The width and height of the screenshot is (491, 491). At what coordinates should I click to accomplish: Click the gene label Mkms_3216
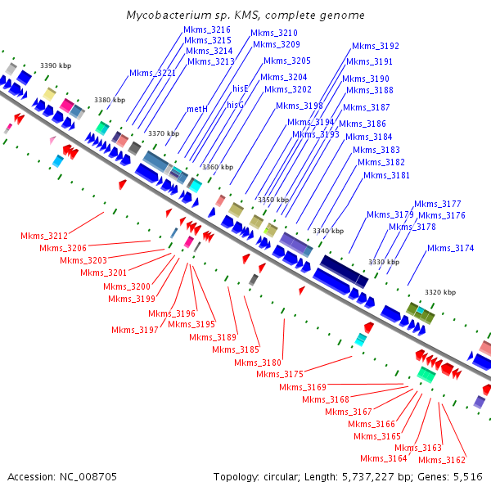pyautogui.click(x=207, y=29)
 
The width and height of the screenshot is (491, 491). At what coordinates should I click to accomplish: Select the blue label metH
pyautogui.click(x=197, y=109)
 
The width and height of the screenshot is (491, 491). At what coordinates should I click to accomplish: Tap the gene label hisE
pyautogui.click(x=240, y=88)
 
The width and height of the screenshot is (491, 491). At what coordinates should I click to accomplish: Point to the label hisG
pyautogui.click(x=236, y=105)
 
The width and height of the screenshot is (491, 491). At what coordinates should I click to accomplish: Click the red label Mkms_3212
pyautogui.click(x=44, y=236)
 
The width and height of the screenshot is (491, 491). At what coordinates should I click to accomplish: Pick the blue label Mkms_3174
pyautogui.click(x=450, y=248)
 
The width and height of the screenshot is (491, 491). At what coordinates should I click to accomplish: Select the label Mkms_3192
pyautogui.click(x=376, y=46)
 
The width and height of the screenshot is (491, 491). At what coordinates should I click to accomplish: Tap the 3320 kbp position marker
pyautogui.click(x=439, y=292)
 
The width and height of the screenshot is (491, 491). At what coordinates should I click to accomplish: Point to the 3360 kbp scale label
pyautogui.click(x=218, y=167)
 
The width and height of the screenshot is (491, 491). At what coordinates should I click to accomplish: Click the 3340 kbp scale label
pyautogui.click(x=328, y=231)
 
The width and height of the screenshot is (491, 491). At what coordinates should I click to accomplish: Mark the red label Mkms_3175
pyautogui.click(x=280, y=374)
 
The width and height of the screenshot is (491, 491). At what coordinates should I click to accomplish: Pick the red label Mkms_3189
pyautogui.click(x=213, y=337)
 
